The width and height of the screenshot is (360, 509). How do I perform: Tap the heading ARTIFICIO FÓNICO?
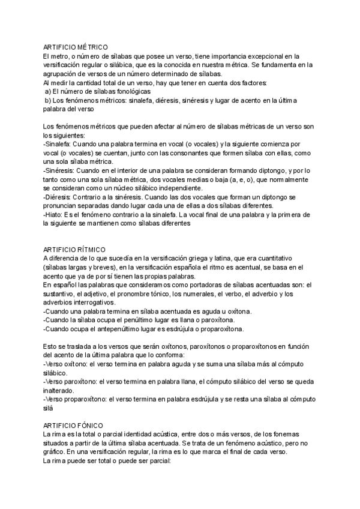tap(74, 424)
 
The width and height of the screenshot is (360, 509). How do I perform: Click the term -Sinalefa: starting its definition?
tap(58, 145)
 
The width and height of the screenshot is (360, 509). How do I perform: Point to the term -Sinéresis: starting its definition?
tap(59, 171)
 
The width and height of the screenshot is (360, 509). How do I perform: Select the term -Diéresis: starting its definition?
tap(58, 197)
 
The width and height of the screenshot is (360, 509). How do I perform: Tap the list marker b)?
tap(48, 100)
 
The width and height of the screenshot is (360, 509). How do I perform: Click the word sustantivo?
tap(62, 294)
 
